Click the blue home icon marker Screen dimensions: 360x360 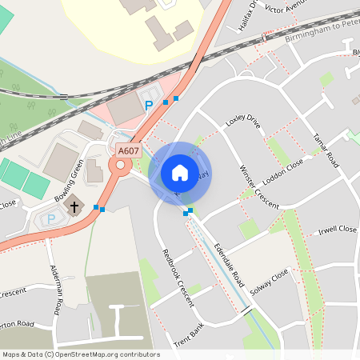(180, 172)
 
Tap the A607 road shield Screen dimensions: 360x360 (127, 150)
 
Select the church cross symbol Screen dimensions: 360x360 (74, 206)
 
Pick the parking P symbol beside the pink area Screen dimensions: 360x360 (147, 105)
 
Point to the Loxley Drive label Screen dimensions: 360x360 (243, 122)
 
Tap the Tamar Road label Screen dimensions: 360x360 (327, 150)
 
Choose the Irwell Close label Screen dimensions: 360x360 (337, 230)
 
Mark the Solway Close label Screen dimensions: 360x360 (270, 281)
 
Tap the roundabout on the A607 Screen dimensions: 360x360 (121, 166)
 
